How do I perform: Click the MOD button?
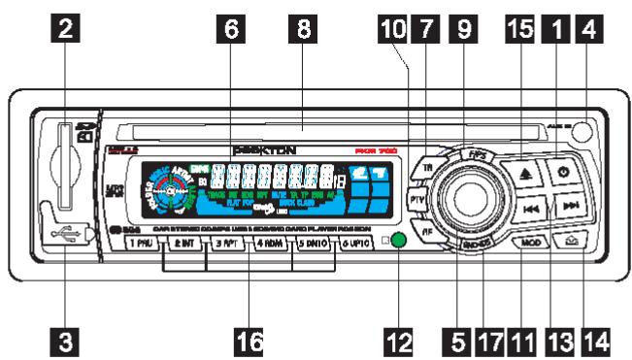click(x=529, y=242)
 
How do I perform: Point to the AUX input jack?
click(x=581, y=131)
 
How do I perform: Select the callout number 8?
click(x=305, y=29)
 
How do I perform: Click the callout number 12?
click(x=400, y=341)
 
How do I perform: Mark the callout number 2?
click(x=66, y=29)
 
